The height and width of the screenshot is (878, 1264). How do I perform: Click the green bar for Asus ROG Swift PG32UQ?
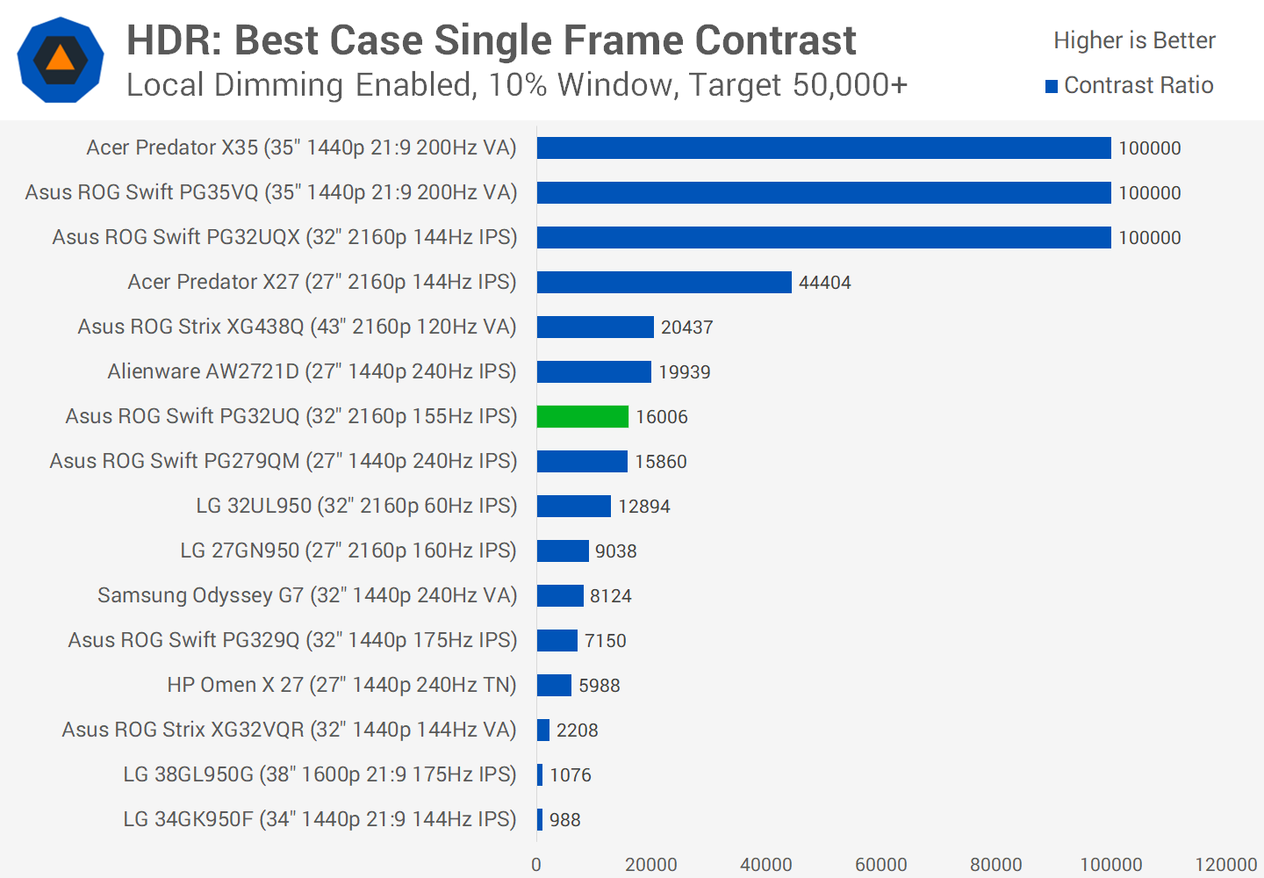tap(583, 416)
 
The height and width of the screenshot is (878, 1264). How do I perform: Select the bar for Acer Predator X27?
tap(664, 282)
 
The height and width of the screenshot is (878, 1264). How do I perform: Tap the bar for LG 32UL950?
tap(574, 506)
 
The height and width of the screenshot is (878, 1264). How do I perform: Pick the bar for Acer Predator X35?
tap(823, 148)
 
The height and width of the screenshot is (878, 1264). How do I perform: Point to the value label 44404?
tap(824, 283)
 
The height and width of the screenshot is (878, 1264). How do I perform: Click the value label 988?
tap(564, 820)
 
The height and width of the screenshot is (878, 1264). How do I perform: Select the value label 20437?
tap(686, 327)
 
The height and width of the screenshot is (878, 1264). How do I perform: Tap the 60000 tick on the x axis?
tap(880, 865)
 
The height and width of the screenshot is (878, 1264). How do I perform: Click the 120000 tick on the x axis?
tap(1225, 865)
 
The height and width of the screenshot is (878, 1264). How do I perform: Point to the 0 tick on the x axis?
tap(536, 865)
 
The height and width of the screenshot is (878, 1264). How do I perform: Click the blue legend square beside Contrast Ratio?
tap(1052, 86)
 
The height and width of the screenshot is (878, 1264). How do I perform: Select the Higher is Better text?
tap(1134, 40)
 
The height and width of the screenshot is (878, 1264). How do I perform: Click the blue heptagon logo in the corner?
tap(61, 60)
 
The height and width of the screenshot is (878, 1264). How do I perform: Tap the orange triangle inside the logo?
tap(60, 59)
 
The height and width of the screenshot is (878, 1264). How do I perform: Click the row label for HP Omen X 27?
tap(341, 685)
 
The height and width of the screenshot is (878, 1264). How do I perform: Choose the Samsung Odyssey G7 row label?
tap(307, 595)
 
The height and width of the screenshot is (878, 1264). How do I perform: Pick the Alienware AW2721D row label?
tap(312, 371)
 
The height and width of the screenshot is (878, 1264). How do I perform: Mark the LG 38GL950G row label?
tap(320, 774)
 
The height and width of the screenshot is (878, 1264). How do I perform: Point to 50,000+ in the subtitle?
tap(850, 85)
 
